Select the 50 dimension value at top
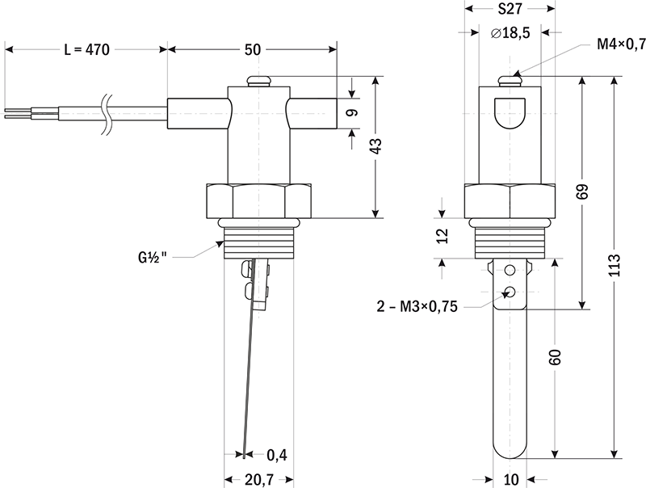(252, 49)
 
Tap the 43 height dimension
(376, 147)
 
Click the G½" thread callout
(152, 258)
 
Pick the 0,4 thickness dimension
(277, 455)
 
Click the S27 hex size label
(510, 11)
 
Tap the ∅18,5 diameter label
(510, 33)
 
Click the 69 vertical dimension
(582, 192)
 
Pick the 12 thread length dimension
(440, 237)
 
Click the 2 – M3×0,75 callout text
(417, 306)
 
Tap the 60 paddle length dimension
(555, 357)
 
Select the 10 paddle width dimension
(510, 479)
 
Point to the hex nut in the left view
(258, 200)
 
